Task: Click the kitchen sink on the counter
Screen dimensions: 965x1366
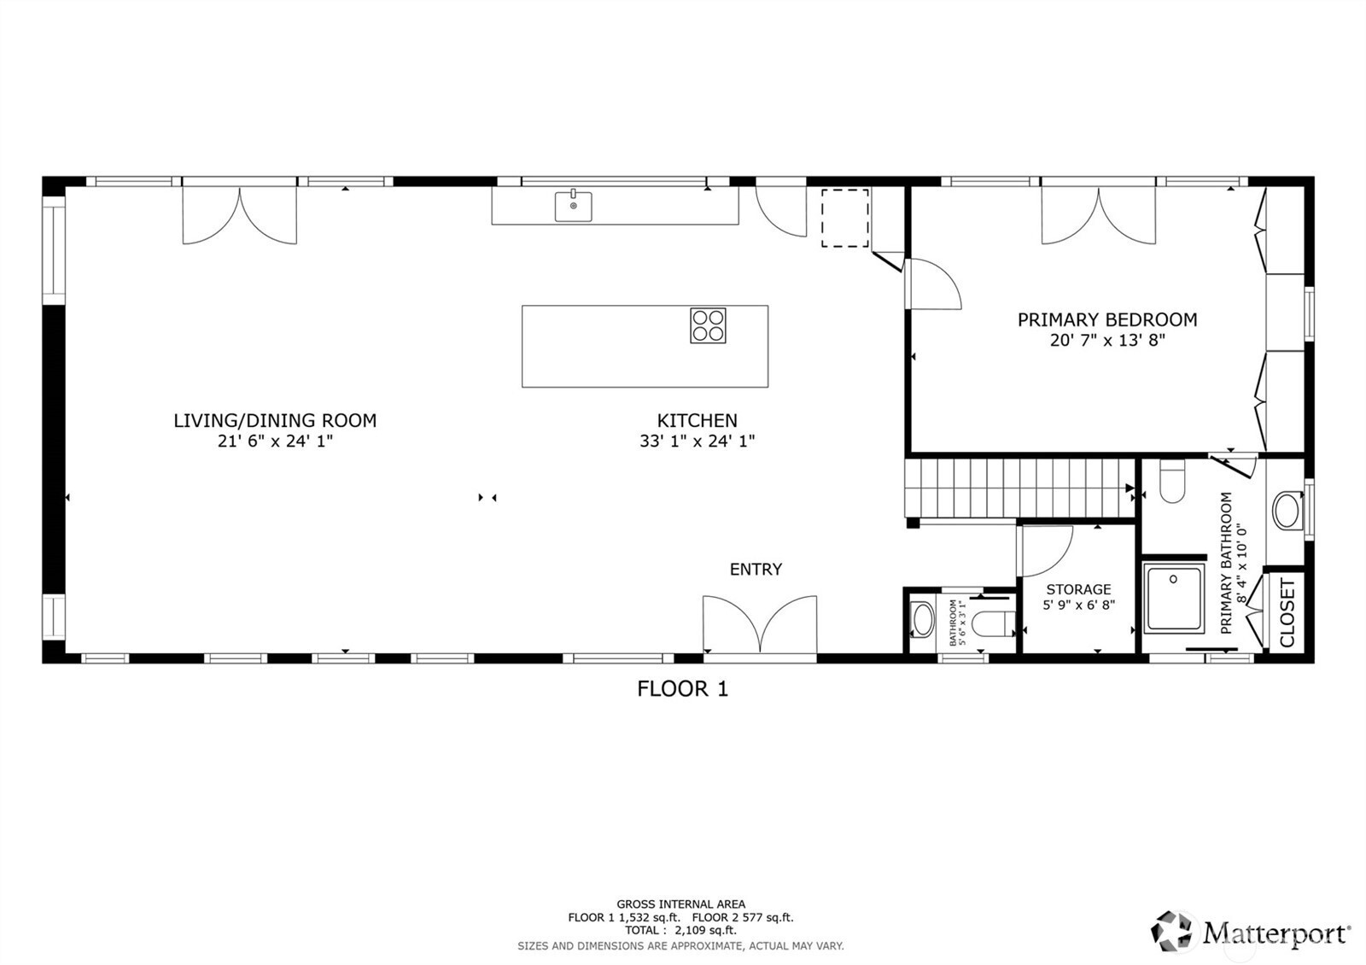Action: pyautogui.click(x=573, y=206)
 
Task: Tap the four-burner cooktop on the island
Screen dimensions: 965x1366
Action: pyautogui.click(x=708, y=325)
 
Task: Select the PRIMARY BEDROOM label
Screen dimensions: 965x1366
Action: pyautogui.click(x=1106, y=319)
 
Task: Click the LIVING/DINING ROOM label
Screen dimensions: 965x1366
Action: pyautogui.click(x=275, y=420)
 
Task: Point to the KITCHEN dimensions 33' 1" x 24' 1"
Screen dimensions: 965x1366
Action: pyautogui.click(x=697, y=442)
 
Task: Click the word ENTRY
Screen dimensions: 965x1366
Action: pyautogui.click(x=756, y=570)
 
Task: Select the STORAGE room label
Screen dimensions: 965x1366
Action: pyautogui.click(x=1078, y=589)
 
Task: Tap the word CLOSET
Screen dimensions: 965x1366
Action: pyautogui.click(x=1287, y=612)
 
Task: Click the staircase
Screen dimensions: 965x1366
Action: pyautogui.click(x=1020, y=488)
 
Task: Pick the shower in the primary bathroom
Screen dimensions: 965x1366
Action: pyautogui.click(x=1174, y=597)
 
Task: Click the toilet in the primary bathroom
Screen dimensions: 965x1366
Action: pyautogui.click(x=1172, y=483)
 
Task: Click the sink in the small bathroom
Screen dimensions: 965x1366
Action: pyautogui.click(x=923, y=619)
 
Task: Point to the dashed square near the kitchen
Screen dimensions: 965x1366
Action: pyautogui.click(x=844, y=219)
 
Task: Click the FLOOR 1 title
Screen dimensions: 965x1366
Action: pyautogui.click(x=682, y=689)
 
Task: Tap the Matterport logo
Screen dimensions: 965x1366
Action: pyautogui.click(x=1251, y=931)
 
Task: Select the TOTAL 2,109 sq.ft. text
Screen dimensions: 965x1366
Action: pyautogui.click(x=680, y=930)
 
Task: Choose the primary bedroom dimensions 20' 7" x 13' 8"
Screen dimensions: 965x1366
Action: pyautogui.click(x=1106, y=340)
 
